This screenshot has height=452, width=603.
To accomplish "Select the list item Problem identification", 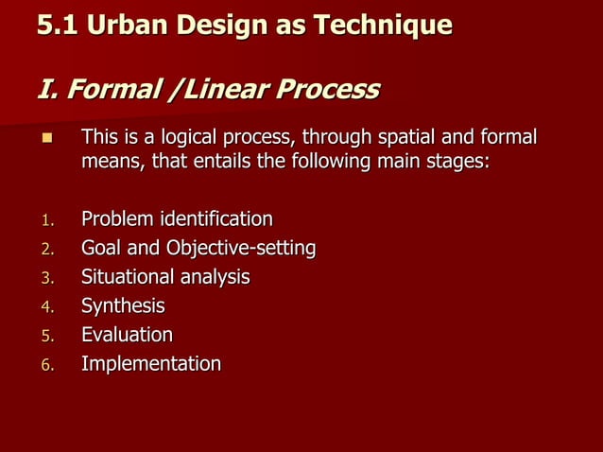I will (x=177, y=220).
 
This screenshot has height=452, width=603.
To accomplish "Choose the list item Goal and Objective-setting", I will (x=198, y=249).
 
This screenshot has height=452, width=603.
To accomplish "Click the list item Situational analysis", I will (x=165, y=278).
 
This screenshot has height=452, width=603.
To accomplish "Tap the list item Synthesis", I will (x=123, y=306).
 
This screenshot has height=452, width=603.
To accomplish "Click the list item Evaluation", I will (x=127, y=335).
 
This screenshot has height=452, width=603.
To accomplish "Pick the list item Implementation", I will (x=151, y=364).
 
